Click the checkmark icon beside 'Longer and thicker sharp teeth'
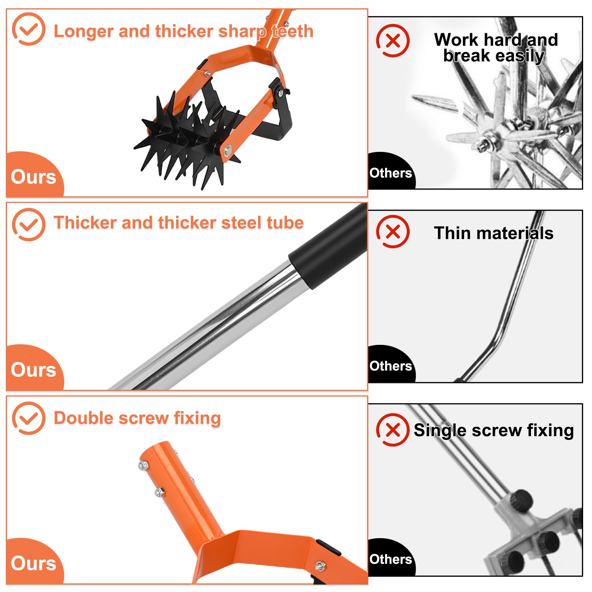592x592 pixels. coord(28,29)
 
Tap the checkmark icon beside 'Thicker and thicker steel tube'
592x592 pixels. coord(28,225)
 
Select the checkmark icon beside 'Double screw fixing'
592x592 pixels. coord(28,418)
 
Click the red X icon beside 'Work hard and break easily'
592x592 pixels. coord(393,41)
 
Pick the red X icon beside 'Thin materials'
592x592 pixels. coord(393,232)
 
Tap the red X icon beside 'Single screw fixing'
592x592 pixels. coord(393,430)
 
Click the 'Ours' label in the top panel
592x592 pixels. coord(33,177)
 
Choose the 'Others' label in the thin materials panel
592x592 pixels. coord(391,366)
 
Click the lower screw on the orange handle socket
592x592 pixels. coord(160,493)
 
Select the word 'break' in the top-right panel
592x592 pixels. coord(466,56)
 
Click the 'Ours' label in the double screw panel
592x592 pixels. coord(33,564)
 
